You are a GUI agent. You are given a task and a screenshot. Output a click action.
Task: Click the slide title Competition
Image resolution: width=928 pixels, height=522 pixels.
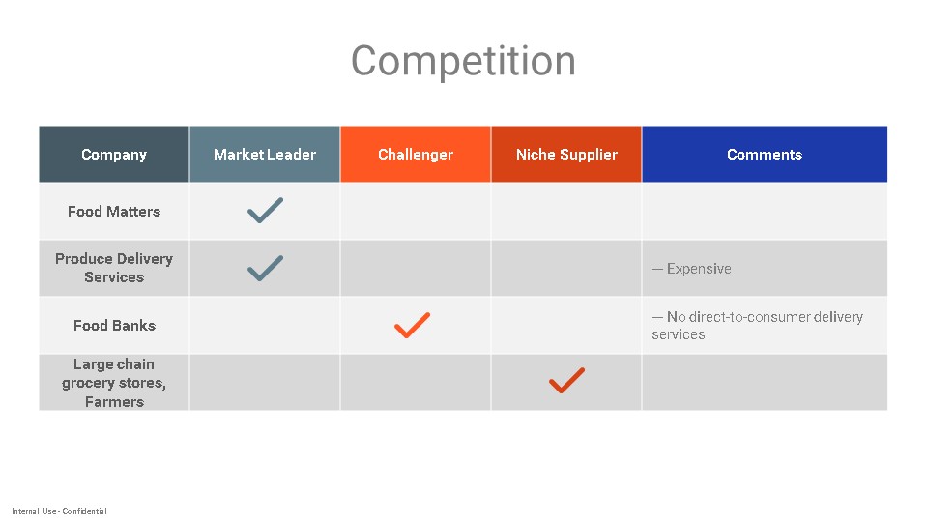pos(463,60)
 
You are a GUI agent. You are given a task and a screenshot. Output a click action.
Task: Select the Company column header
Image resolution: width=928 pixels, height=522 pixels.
pos(114,155)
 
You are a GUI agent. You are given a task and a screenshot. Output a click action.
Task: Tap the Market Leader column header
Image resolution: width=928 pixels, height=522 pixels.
pos(265,155)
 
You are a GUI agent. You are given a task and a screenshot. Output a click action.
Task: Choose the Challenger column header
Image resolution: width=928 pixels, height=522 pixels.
pos(416,155)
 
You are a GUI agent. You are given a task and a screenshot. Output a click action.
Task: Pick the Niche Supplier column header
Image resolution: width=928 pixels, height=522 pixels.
pos(566,155)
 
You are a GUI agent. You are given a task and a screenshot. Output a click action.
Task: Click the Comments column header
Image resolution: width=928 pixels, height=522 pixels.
pos(765,155)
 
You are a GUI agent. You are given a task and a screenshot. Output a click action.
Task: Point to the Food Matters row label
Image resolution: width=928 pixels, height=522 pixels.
pos(114,212)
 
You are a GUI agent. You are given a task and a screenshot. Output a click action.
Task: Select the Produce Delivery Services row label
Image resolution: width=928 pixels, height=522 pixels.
pos(114,268)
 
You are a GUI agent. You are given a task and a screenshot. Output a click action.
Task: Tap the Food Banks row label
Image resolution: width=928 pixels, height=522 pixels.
pos(114,326)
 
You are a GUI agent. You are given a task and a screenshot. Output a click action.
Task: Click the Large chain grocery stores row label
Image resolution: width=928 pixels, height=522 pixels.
pos(114,383)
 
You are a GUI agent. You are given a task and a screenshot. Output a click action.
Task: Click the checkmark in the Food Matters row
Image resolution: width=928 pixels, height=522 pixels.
pos(265,211)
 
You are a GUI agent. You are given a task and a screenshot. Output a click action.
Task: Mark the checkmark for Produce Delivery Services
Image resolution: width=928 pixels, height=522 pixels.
pos(265,268)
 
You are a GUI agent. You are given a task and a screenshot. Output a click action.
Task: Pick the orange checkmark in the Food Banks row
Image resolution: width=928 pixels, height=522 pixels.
pos(413,326)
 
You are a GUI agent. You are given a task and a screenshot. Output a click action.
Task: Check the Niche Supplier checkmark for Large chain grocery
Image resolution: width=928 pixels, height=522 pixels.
pos(567,381)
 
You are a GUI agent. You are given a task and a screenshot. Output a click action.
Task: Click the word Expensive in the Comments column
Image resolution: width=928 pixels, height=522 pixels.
pos(699,269)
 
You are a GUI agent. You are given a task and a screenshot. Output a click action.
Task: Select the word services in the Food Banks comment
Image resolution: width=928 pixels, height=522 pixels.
pos(679,335)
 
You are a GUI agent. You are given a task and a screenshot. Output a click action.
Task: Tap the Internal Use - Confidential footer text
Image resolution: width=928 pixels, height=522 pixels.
pos(59,511)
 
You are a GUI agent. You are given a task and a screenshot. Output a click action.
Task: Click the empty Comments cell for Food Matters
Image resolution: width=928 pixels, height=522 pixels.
pos(765,212)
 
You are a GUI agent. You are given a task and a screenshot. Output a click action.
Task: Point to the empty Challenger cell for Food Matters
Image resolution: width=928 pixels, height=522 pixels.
pos(416,212)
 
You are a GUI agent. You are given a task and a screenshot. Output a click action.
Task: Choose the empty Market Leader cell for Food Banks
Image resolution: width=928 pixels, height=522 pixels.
pos(265,326)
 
